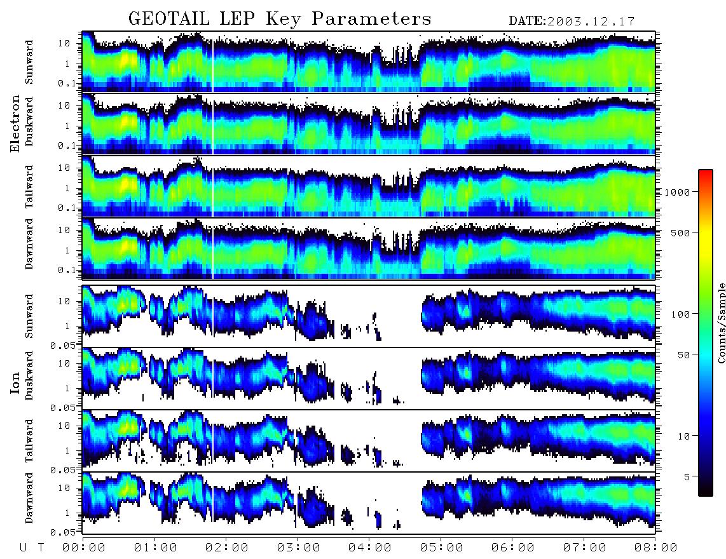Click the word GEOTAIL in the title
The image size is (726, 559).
pyautogui.click(x=168, y=18)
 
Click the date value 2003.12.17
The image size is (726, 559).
pyautogui.click(x=591, y=22)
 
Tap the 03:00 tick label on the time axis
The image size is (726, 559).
pyautogui.click(x=298, y=548)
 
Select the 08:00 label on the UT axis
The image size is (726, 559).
pyautogui.click(x=655, y=548)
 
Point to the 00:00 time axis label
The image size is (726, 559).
pyautogui.click(x=84, y=548)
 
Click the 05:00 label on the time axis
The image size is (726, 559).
pyautogui.click(x=441, y=548)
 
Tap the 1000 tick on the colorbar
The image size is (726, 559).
pyautogui.click(x=676, y=192)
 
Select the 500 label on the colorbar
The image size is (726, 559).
pyautogui.click(x=680, y=232)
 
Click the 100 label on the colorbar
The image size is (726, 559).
pyautogui.click(x=680, y=314)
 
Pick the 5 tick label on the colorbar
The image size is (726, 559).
pyautogui.click(x=687, y=476)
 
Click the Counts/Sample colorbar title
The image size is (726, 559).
pyautogui.click(x=721, y=323)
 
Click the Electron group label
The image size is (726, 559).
pyautogui.click(x=15, y=123)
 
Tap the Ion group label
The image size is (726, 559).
pyautogui.click(x=15, y=382)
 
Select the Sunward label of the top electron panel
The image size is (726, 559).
pyautogui.click(x=29, y=62)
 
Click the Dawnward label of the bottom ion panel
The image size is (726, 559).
pyautogui.click(x=29, y=497)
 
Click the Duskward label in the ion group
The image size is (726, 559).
pyautogui.click(x=29, y=375)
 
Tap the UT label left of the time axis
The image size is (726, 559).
pyautogui.click(x=32, y=548)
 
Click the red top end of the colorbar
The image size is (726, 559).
pyautogui.click(x=706, y=172)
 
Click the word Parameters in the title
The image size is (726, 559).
pyautogui.click(x=371, y=18)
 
